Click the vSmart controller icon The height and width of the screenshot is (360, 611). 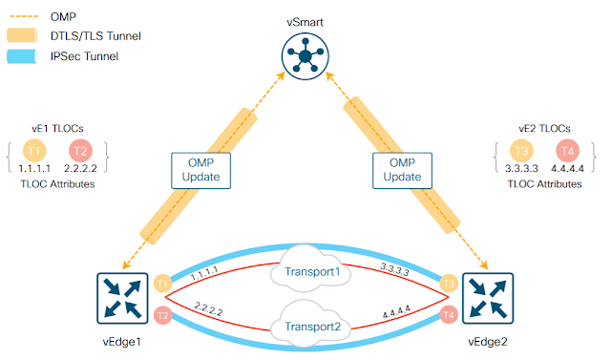pos(305,56)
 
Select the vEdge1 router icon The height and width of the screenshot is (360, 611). pos(122,299)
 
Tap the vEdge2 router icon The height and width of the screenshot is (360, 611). pos(488,299)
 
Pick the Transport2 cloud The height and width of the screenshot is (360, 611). pos(311,322)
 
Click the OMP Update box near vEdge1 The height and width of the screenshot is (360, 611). pos(200,170)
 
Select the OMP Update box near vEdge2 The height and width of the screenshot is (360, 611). pos(402,170)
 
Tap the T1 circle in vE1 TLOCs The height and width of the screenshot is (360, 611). pos(34,151)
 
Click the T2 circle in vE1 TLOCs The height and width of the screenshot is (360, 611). pos(80,151)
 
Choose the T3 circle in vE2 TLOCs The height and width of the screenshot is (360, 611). pos(521,151)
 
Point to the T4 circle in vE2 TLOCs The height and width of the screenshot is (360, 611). pos(567,151)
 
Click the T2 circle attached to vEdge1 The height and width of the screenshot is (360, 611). pos(163,315)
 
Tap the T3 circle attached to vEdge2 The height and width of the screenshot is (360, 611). pos(449,284)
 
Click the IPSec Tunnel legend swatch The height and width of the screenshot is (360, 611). pos(22,56)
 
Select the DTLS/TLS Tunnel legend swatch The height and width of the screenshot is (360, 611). pos(22,35)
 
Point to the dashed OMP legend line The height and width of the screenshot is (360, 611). pos(24,16)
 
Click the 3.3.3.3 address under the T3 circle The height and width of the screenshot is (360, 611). pos(521,169)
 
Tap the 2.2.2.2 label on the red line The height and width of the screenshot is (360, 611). pos(208,309)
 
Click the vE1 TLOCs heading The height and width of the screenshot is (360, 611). pos(57,129)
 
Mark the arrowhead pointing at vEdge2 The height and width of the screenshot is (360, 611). pos(484,265)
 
